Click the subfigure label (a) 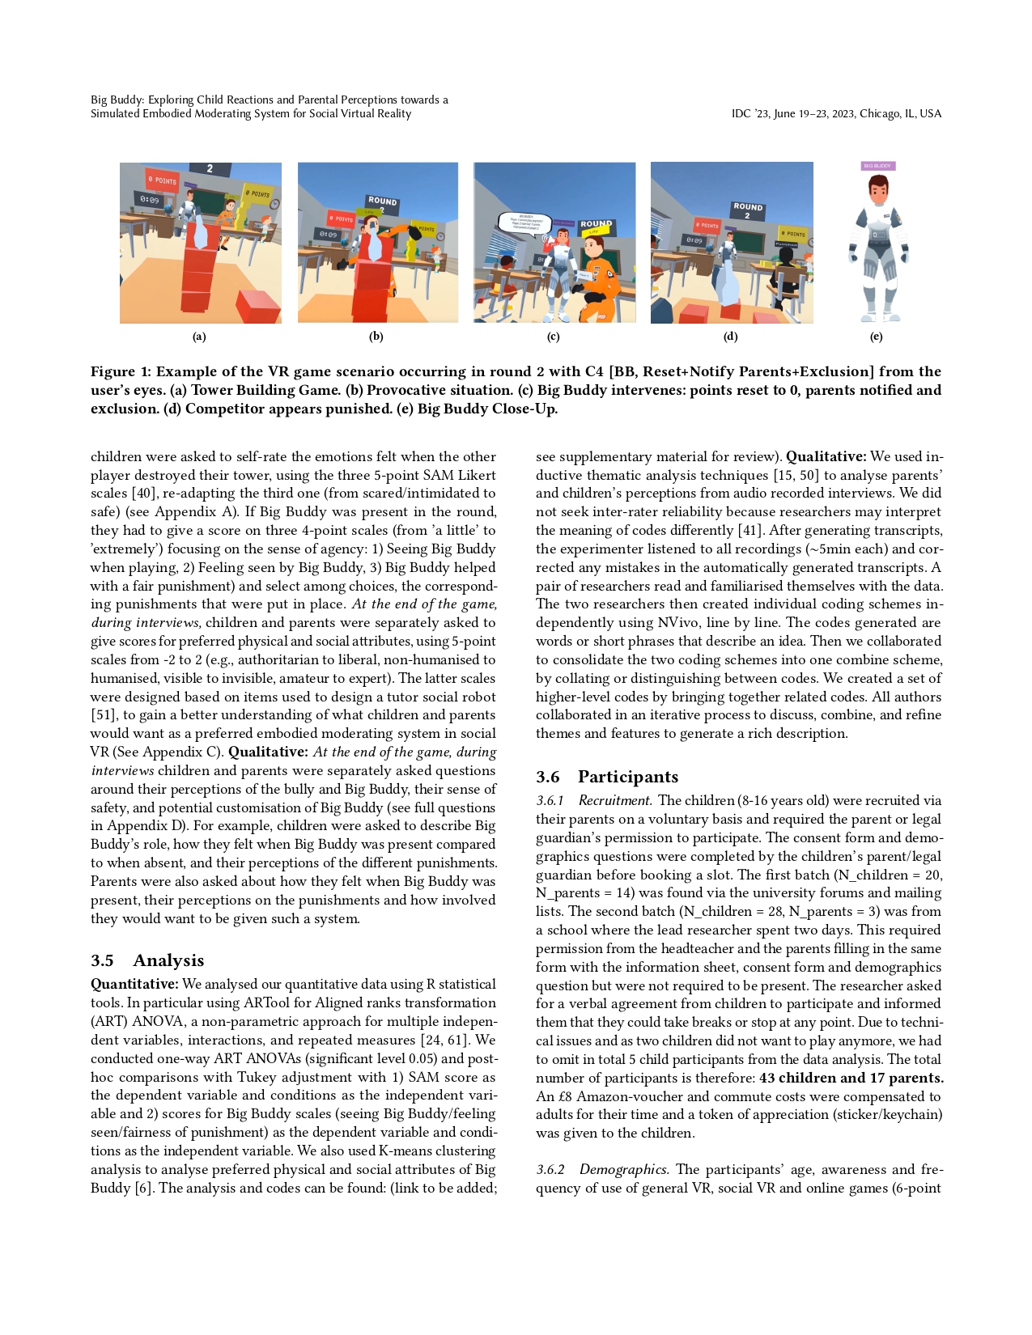coord(199,337)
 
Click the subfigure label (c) coord(554,337)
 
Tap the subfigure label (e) coord(876,337)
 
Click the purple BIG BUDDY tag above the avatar coord(877,166)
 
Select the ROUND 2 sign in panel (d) coord(748,210)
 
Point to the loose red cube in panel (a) coord(258,307)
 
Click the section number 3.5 coord(102,960)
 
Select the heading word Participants coord(628,777)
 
